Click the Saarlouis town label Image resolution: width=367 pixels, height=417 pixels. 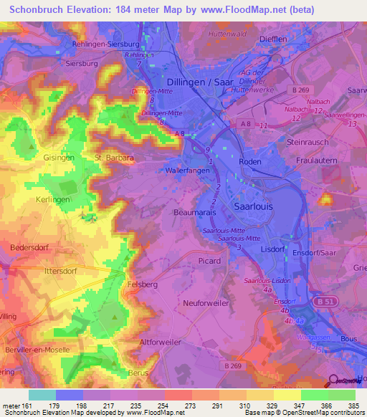(253, 206)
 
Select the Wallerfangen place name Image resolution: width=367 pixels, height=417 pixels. (187, 171)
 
